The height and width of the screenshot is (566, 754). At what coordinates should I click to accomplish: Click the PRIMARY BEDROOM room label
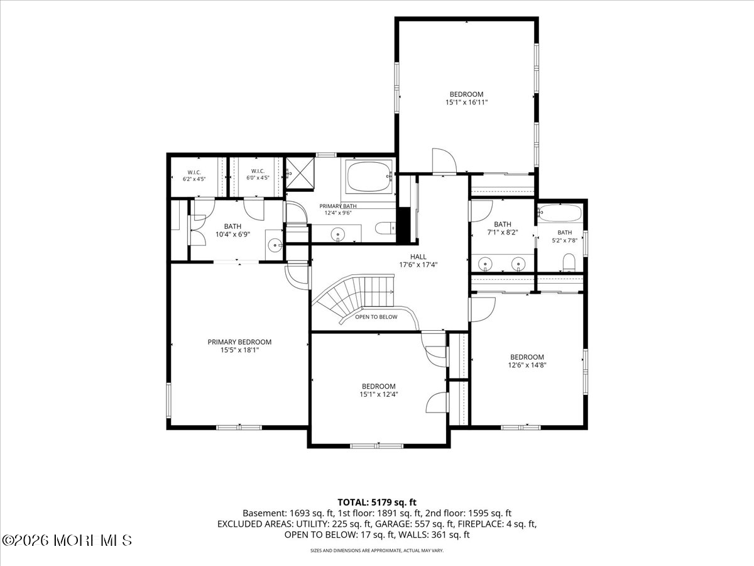[239, 342]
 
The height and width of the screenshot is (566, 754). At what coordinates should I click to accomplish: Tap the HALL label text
[418, 257]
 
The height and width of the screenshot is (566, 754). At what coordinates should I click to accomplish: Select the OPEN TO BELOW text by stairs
[376, 317]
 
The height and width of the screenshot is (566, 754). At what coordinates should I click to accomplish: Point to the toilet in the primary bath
[385, 228]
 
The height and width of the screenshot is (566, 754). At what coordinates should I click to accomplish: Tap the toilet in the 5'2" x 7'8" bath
[569, 262]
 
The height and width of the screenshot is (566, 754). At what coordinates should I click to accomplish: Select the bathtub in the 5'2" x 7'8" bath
[560, 213]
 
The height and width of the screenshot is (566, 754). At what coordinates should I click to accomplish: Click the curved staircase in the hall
[358, 296]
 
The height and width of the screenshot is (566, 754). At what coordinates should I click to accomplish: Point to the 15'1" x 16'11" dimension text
[466, 102]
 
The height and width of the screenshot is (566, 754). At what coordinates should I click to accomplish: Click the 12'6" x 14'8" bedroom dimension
[527, 365]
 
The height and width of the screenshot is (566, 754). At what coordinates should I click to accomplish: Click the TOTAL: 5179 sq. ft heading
[377, 502]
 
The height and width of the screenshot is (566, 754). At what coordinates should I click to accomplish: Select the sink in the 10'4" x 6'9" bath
[275, 245]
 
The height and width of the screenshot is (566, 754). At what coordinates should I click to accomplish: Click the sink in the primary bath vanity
[337, 235]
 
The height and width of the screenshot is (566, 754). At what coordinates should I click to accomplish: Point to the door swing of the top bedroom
[444, 161]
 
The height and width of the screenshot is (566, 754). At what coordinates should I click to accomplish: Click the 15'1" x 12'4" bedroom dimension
[378, 394]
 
